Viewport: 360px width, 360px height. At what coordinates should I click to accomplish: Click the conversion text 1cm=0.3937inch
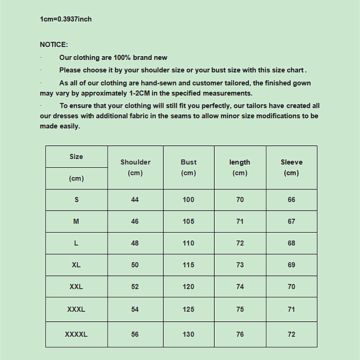pyautogui.click(x=66, y=19)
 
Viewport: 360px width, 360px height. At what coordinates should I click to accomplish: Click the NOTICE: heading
pyautogui.click(x=54, y=45)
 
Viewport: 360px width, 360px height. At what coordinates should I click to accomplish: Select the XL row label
pyautogui.click(x=76, y=265)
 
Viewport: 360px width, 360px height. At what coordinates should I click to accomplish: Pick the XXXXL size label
pyautogui.click(x=76, y=334)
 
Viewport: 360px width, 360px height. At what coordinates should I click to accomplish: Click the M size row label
pyautogui.click(x=76, y=221)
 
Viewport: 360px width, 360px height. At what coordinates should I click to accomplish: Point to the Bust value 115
pyautogui.click(x=189, y=265)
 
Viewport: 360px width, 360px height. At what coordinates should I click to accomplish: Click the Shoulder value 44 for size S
pyautogui.click(x=135, y=200)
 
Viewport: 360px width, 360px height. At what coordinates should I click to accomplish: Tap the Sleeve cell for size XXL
pyautogui.click(x=292, y=287)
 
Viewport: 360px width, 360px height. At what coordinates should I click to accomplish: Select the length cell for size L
pyautogui.click(x=240, y=243)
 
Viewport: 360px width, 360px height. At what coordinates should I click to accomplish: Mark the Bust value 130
pyautogui.click(x=189, y=334)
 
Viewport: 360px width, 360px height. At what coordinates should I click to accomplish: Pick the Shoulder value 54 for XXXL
pyautogui.click(x=135, y=310)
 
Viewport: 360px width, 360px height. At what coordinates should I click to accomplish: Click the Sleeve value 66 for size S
pyautogui.click(x=292, y=200)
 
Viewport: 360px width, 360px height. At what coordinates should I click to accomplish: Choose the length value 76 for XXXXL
pyautogui.click(x=240, y=334)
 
